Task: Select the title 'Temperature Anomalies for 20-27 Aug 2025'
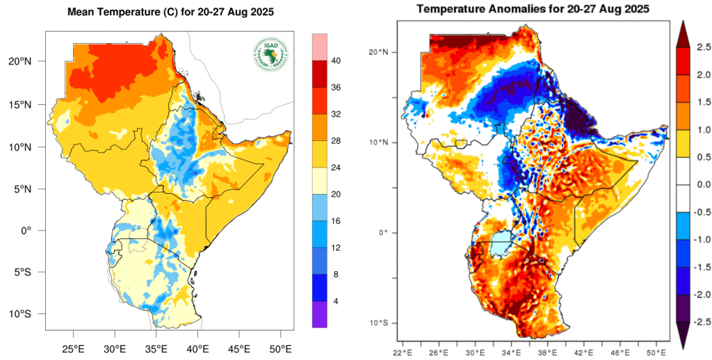(x=532, y=9)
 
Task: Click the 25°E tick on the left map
(x=74, y=347)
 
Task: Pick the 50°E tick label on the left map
(x=280, y=347)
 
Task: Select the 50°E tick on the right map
(x=656, y=351)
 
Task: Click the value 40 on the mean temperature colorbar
(x=336, y=61)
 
